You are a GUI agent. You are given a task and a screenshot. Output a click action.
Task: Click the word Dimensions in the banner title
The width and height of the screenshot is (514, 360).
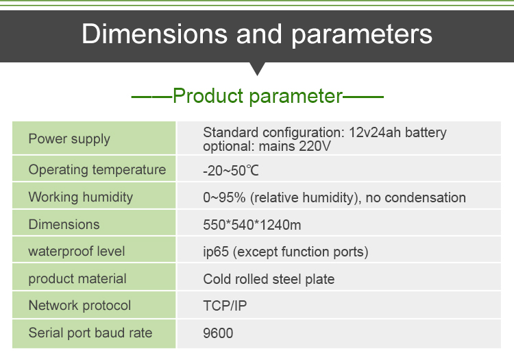click(154, 34)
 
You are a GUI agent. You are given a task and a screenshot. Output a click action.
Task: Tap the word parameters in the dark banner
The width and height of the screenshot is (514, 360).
click(362, 36)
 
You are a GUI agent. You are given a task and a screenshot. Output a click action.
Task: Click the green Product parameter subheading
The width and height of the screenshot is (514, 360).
click(258, 97)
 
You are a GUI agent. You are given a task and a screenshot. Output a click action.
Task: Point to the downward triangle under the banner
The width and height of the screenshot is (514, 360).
click(257, 69)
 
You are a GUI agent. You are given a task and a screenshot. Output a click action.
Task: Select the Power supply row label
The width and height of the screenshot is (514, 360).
click(69, 139)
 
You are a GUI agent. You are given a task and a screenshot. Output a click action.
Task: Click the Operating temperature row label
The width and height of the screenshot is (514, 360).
click(97, 170)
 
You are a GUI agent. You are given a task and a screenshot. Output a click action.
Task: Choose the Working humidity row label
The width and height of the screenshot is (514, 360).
click(81, 197)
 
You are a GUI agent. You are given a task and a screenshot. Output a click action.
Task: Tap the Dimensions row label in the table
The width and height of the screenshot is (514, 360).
click(64, 225)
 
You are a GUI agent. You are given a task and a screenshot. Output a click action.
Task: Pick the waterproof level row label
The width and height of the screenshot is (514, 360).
click(77, 252)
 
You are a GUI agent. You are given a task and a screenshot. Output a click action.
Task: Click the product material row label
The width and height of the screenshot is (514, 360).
click(77, 279)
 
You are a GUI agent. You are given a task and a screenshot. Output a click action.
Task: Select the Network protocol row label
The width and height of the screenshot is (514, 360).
click(79, 306)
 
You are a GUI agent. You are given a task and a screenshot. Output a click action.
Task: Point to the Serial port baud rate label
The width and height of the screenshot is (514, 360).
click(90, 333)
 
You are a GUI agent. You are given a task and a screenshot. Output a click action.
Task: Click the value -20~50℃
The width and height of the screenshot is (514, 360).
click(231, 171)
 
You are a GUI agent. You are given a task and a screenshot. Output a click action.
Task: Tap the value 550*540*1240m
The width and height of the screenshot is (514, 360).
click(252, 225)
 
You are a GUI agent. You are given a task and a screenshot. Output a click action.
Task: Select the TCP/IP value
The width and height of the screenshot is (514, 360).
click(225, 306)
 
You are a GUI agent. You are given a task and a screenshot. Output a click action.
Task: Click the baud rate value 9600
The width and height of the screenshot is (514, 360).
click(218, 333)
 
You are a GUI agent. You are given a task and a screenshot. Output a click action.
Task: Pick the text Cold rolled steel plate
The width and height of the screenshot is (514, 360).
click(269, 279)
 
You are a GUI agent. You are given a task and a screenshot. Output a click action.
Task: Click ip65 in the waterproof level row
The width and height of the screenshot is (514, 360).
click(216, 252)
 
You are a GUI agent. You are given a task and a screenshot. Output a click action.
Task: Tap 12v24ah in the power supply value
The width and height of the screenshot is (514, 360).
click(375, 133)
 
